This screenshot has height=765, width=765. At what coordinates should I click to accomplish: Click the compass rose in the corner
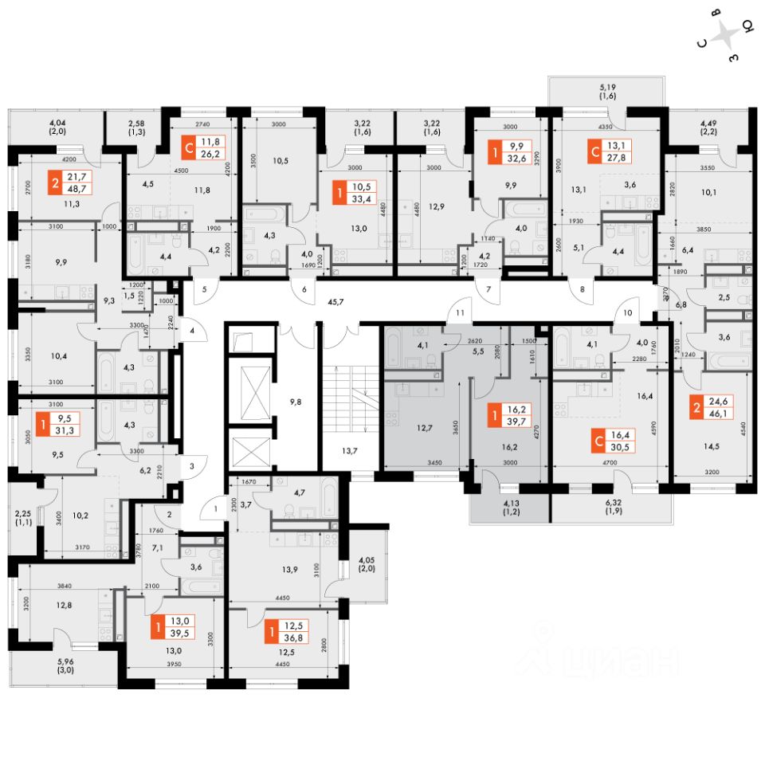click(x=726, y=36)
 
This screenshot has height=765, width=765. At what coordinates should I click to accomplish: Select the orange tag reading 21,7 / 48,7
click(x=70, y=182)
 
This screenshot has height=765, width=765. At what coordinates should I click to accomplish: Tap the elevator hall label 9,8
click(x=295, y=402)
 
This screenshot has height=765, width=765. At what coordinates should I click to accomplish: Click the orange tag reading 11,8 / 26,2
click(x=202, y=148)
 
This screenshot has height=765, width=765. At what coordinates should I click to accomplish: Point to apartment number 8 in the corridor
click(x=583, y=291)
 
